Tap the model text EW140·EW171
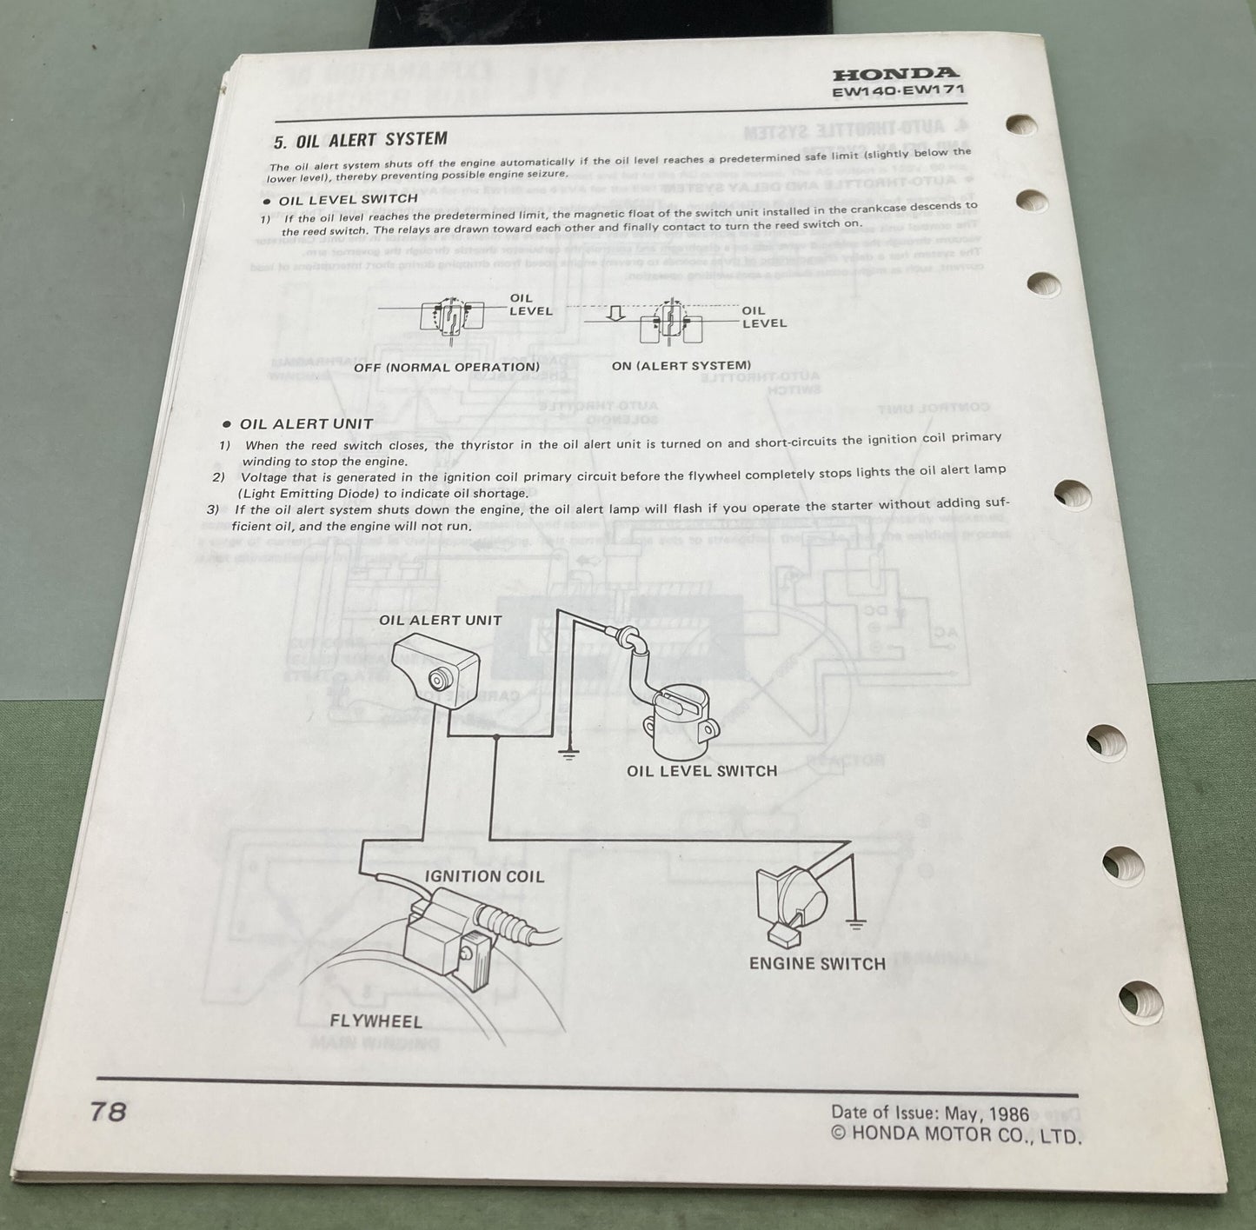coord(898,90)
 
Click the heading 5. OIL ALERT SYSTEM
coord(360,140)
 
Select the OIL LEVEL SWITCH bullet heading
coord(348,200)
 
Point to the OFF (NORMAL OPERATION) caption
coord(447,367)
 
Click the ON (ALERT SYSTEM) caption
coord(681,366)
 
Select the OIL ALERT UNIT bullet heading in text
coord(305,424)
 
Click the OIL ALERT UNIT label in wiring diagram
coord(440,621)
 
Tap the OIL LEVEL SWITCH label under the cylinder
coord(701,771)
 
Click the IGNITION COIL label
coord(483,876)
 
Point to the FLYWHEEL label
coord(375,1021)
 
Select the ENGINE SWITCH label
coord(817,963)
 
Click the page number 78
coord(109,1112)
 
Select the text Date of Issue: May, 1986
coord(929,1114)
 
